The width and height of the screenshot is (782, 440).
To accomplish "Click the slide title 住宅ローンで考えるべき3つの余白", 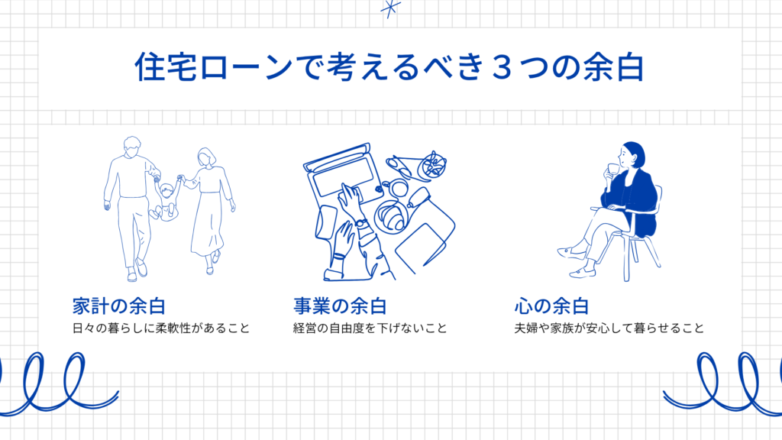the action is point(389,67).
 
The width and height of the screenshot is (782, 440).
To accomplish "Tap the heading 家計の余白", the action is point(118,306).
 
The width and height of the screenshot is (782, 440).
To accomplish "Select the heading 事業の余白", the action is point(340,306).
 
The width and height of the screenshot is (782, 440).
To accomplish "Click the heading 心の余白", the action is point(551,306).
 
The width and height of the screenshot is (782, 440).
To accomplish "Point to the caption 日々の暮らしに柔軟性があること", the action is point(161,328).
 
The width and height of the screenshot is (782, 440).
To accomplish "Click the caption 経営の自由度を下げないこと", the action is point(370,328).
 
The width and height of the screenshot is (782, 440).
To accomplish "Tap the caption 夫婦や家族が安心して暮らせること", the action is point(609,328).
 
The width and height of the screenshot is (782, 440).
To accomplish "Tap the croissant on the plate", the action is point(392,216).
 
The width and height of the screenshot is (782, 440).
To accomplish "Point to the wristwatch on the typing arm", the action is point(361,223).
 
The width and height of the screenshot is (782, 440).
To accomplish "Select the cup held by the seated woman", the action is point(613,169).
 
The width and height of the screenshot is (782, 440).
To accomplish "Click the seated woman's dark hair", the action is point(635,153).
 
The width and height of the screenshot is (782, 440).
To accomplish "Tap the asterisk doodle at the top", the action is point(390,8).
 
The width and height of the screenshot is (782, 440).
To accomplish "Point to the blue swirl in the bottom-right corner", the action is point(724,384).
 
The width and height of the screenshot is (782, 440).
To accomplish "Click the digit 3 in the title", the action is point(502,67).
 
